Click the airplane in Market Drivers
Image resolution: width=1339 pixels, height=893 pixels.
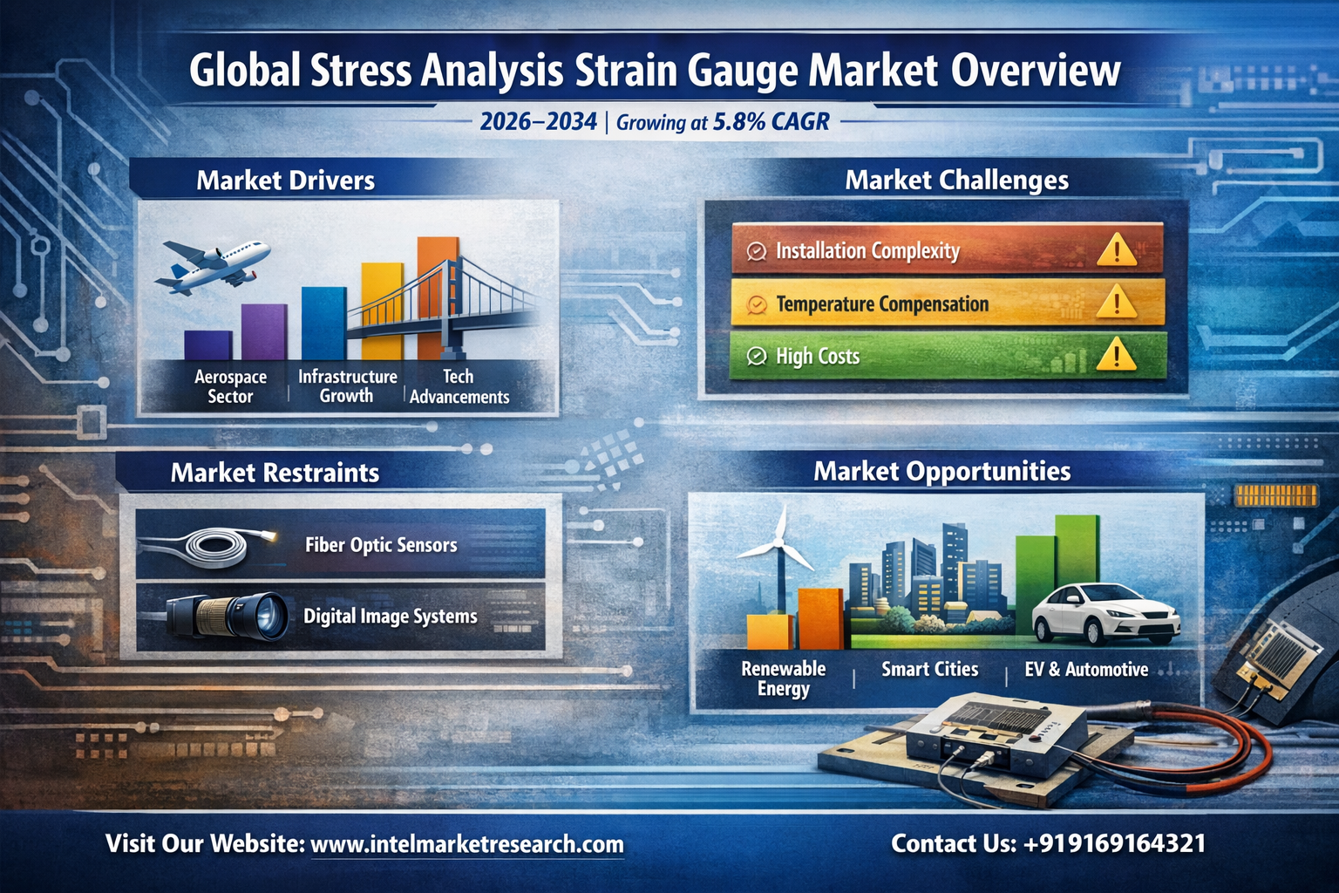212,267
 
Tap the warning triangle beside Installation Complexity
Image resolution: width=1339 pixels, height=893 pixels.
1117,249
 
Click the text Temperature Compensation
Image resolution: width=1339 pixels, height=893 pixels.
882,303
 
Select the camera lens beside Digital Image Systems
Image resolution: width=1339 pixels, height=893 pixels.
228,617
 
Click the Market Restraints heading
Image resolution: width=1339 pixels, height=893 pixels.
275,473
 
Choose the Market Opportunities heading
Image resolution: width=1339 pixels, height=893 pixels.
942,471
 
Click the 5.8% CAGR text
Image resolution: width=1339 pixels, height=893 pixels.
771,122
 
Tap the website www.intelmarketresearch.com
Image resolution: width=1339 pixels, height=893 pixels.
467,844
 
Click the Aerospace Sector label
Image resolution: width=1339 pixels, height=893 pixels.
230,386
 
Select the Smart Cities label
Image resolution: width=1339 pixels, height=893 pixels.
930,669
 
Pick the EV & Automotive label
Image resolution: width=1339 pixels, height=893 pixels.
1087,669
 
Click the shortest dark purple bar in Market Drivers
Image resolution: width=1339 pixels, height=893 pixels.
208,345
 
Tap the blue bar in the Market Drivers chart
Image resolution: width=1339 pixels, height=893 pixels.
324,323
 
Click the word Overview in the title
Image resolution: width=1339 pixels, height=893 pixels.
1036,72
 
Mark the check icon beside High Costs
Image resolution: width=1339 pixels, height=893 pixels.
756,357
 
